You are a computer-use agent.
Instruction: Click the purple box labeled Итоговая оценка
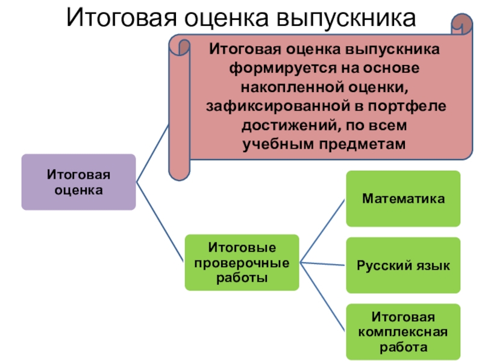point(78,182)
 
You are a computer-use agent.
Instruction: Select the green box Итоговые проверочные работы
point(241,262)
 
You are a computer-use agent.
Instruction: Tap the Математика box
point(403,199)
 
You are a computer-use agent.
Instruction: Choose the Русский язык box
point(403,265)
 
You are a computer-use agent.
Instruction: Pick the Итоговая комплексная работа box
point(403,332)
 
